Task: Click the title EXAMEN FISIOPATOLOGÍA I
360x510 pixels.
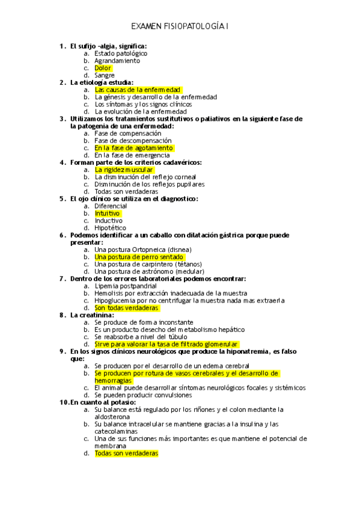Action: [x=180, y=27]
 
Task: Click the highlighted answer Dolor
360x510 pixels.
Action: [x=103, y=68]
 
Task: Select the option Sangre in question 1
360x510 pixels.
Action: [x=105, y=75]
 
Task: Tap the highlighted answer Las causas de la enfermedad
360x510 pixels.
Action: [x=138, y=90]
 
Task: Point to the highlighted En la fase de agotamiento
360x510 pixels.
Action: [x=133, y=147]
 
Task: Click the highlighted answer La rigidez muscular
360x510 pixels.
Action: [x=124, y=170]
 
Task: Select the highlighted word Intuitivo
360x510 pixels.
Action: [x=108, y=213]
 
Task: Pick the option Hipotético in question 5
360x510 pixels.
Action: [x=111, y=228]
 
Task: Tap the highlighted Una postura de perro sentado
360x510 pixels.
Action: [x=139, y=257]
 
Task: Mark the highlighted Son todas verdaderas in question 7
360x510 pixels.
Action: [x=127, y=308]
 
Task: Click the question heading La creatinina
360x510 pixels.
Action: [x=92, y=315]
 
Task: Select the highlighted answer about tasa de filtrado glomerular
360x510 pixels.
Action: [x=166, y=344]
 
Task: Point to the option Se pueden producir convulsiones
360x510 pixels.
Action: [x=143, y=395]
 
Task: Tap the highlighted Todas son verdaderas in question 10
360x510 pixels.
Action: [x=126, y=453]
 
